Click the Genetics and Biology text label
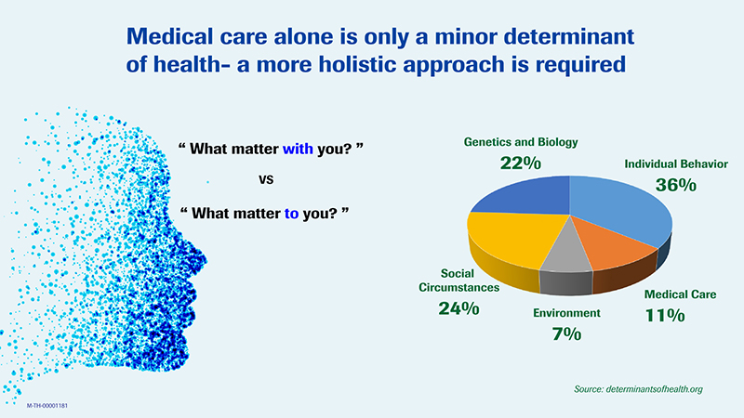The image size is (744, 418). (x=521, y=142)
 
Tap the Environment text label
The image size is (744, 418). (x=566, y=313)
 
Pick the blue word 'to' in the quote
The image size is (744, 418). (x=292, y=213)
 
